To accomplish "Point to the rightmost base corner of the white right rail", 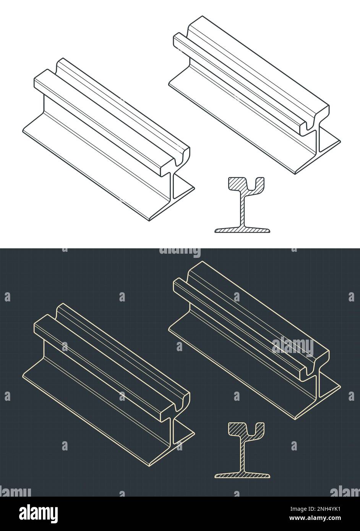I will (340, 142).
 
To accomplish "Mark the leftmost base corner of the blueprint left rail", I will (23, 376).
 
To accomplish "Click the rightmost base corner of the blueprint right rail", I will (340, 387).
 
